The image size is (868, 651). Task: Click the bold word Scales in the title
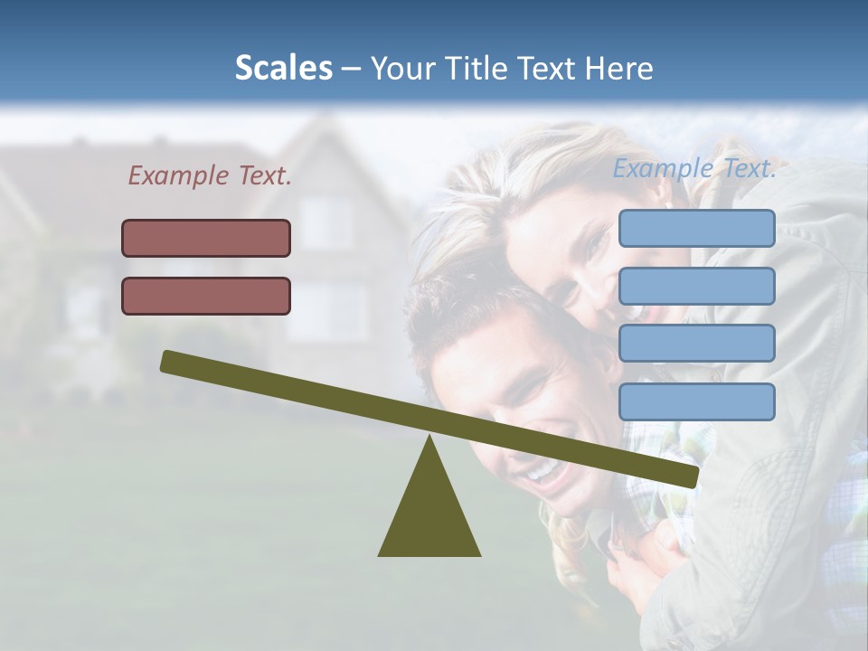click(x=283, y=68)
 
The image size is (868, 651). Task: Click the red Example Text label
click(x=210, y=176)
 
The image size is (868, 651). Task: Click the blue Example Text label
click(x=694, y=168)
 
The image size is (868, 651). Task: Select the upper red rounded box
click(x=206, y=238)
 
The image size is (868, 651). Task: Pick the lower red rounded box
click(x=206, y=296)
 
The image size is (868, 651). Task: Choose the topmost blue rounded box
click(x=696, y=228)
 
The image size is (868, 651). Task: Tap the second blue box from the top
click(x=696, y=286)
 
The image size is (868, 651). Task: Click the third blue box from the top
click(x=696, y=344)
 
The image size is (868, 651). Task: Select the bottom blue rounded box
click(x=696, y=401)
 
